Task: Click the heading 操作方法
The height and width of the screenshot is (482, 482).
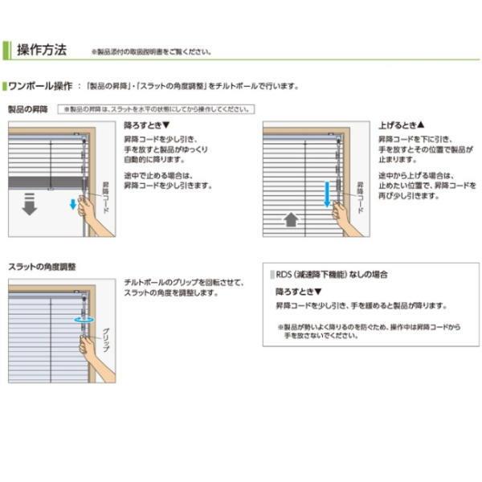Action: click(41, 50)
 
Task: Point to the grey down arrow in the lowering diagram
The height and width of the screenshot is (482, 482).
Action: click(29, 204)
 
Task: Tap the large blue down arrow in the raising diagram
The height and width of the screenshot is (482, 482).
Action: click(328, 193)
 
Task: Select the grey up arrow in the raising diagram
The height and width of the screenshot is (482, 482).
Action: click(291, 219)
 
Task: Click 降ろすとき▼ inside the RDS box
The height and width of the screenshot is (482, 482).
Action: click(297, 291)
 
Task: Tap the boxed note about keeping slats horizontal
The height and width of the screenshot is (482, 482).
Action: click(152, 108)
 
